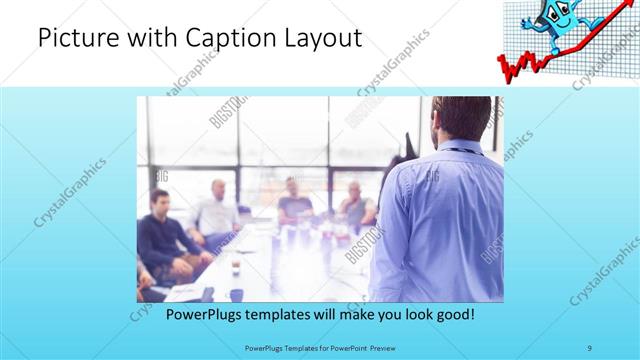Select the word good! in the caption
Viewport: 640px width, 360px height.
[453, 313]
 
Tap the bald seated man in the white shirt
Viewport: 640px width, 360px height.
[216, 209]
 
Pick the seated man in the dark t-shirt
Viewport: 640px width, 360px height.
[295, 200]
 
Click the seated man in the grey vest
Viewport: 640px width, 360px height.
[355, 204]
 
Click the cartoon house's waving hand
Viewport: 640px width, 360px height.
[529, 21]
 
